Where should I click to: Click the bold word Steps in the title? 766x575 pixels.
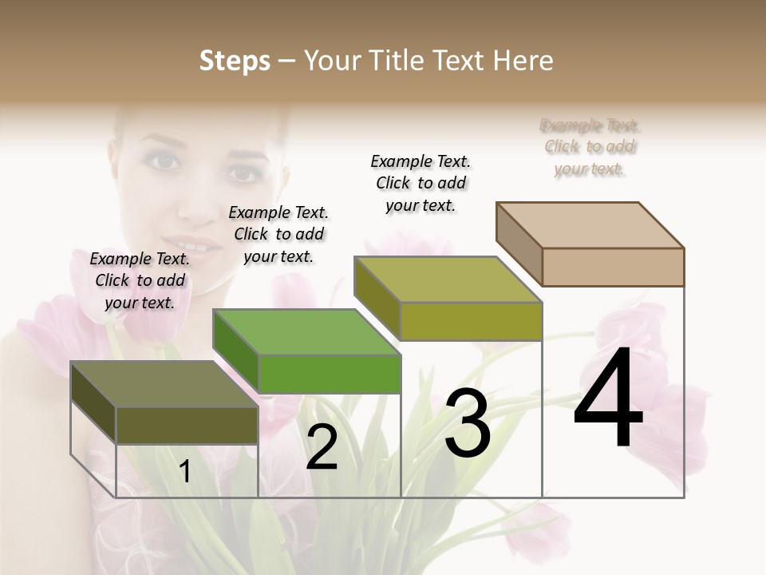click(x=235, y=61)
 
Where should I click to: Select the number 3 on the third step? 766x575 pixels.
click(x=468, y=424)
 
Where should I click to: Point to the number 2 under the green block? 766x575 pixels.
click(x=322, y=447)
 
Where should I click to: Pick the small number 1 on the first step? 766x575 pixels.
click(x=185, y=472)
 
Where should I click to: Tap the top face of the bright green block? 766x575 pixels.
click(x=306, y=331)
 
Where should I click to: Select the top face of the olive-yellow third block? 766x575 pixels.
click(x=448, y=280)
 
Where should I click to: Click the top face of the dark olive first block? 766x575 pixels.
click(x=164, y=384)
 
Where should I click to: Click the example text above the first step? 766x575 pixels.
click(x=140, y=280)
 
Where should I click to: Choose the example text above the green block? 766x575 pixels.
click(x=278, y=234)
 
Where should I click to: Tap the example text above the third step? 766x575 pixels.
click(x=421, y=183)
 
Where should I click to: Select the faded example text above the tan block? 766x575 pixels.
click(x=590, y=147)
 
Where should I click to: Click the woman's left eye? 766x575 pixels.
click(x=243, y=172)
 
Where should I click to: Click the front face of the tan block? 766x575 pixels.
click(x=613, y=267)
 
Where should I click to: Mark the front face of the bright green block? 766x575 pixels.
click(x=330, y=374)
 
